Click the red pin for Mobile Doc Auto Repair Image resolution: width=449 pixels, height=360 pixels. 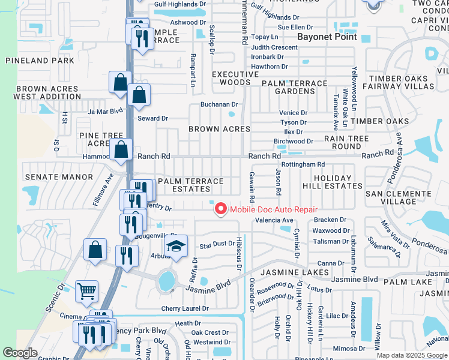pyautogui.click(x=220, y=209)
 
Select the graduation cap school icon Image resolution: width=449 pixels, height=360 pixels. pyautogui.click(x=176, y=247)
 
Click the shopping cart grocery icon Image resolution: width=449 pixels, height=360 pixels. pyautogui.click(x=86, y=292)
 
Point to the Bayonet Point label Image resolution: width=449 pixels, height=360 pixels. pyautogui.click(x=328, y=37)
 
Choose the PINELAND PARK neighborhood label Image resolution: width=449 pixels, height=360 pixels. pyautogui.click(x=40, y=61)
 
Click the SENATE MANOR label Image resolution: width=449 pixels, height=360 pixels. pyautogui.click(x=59, y=177)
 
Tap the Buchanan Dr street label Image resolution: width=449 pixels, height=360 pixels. pyautogui.click(x=219, y=104)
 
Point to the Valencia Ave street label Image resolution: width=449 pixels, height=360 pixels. pyautogui.click(x=274, y=220)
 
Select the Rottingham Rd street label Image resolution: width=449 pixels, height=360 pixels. pyautogui.click(x=303, y=164)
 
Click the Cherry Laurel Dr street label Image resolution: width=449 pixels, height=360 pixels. pyautogui.click(x=185, y=308)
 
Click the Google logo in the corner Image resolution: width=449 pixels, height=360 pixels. pyautogui.click(x=20, y=353)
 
